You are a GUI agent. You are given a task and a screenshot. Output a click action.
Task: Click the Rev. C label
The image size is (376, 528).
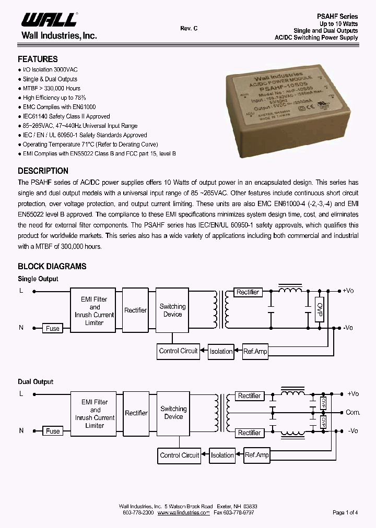(x=189, y=29)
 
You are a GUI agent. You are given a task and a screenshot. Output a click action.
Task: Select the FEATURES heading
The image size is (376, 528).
(x=38, y=59)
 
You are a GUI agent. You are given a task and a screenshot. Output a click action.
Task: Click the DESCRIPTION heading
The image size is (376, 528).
(x=43, y=171)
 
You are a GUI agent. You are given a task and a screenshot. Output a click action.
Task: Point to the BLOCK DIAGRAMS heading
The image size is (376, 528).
(x=52, y=267)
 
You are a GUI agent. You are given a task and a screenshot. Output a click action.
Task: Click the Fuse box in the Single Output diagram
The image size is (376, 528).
(x=53, y=328)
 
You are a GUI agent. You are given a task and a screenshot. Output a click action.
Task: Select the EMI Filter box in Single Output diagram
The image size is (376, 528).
(x=94, y=311)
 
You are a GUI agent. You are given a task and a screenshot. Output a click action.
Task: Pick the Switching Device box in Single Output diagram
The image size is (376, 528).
(x=172, y=310)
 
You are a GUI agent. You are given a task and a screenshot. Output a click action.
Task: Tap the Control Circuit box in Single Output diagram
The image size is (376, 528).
(x=178, y=351)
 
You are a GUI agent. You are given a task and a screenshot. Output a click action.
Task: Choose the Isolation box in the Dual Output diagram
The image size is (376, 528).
(x=222, y=455)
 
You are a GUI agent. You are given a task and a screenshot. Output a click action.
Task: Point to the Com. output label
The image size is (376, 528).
(x=353, y=413)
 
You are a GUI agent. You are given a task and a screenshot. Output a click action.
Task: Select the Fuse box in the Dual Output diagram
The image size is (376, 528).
(x=53, y=431)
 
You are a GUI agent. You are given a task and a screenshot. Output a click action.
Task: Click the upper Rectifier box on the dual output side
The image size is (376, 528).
(x=249, y=395)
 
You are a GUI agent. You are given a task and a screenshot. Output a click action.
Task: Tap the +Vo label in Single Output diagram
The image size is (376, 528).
(x=348, y=291)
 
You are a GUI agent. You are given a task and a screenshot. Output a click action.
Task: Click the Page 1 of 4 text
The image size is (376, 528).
(x=345, y=513)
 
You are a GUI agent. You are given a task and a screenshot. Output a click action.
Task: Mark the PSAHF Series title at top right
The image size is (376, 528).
(x=338, y=16)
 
